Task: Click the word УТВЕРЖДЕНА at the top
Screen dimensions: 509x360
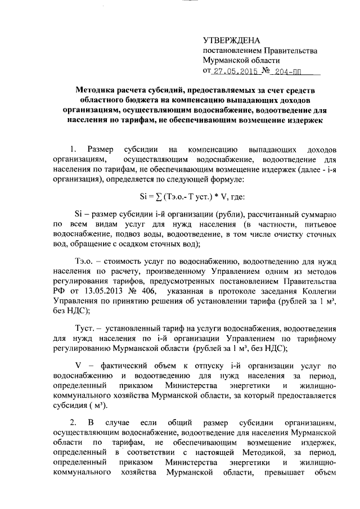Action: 232,40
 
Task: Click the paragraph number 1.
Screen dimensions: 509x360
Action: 72,150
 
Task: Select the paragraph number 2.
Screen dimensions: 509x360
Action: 72,421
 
